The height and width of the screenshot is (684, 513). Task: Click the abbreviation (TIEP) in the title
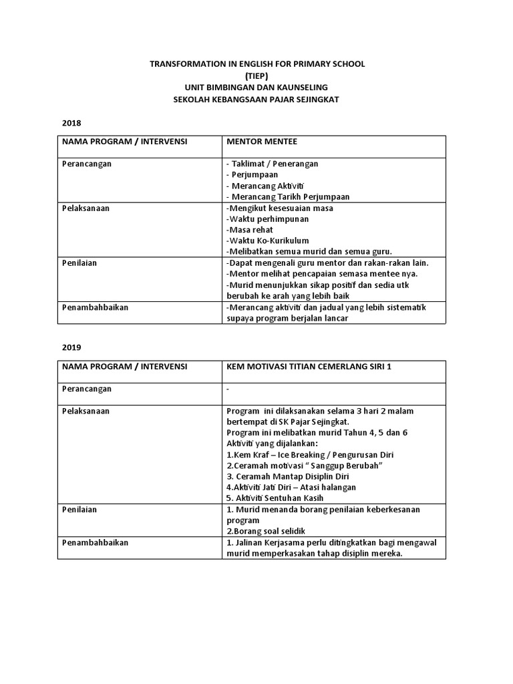(256, 75)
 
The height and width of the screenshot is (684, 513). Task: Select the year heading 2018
(71, 124)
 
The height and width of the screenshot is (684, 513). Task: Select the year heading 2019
(71, 348)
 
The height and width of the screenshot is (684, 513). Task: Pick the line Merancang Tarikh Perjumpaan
(288, 196)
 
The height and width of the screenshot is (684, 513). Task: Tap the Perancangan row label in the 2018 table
(87, 164)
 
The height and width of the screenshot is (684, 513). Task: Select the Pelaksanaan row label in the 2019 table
(85, 411)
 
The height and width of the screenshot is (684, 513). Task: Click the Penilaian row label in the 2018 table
(79, 263)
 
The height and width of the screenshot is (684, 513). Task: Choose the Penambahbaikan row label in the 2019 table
(95, 542)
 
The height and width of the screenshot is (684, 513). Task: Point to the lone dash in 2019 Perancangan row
(228, 389)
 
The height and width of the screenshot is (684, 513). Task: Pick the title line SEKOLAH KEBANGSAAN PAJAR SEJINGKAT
(256, 100)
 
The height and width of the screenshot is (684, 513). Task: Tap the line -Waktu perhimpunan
(263, 218)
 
